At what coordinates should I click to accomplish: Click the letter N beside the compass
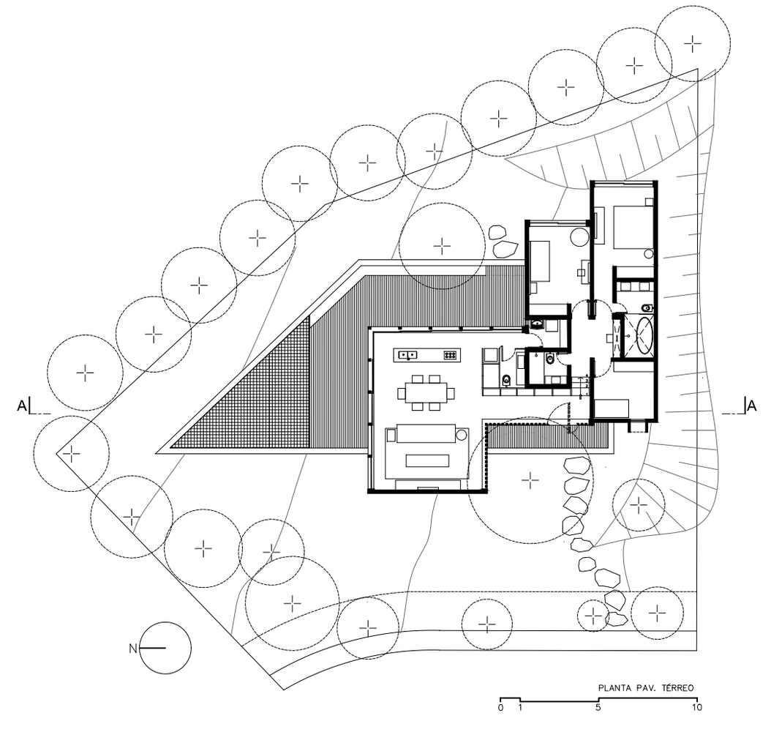tap(132, 648)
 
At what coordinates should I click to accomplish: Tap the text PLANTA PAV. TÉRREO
tap(645, 688)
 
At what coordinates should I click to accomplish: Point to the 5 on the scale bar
tap(598, 708)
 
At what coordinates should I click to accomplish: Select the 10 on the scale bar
tap(696, 708)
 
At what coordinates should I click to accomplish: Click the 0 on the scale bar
tap(500, 708)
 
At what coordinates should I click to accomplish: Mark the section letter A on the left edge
tap(21, 404)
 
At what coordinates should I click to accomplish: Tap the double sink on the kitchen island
tap(407, 356)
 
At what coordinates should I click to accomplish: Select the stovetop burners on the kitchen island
tap(450, 356)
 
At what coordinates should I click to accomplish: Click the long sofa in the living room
tap(426, 435)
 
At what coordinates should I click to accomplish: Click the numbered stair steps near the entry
tap(582, 384)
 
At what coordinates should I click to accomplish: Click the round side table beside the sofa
tap(462, 435)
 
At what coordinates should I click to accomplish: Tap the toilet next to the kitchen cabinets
tap(507, 378)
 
